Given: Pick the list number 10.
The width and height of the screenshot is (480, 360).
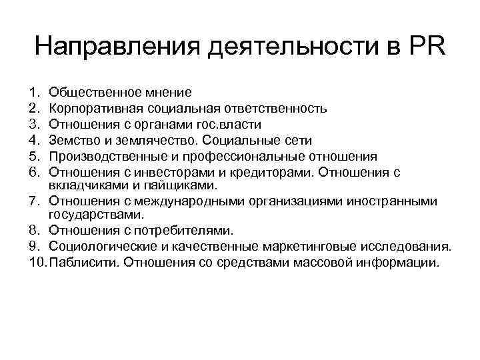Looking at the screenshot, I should tap(37, 262).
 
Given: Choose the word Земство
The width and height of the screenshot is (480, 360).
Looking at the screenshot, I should tap(72, 141).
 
